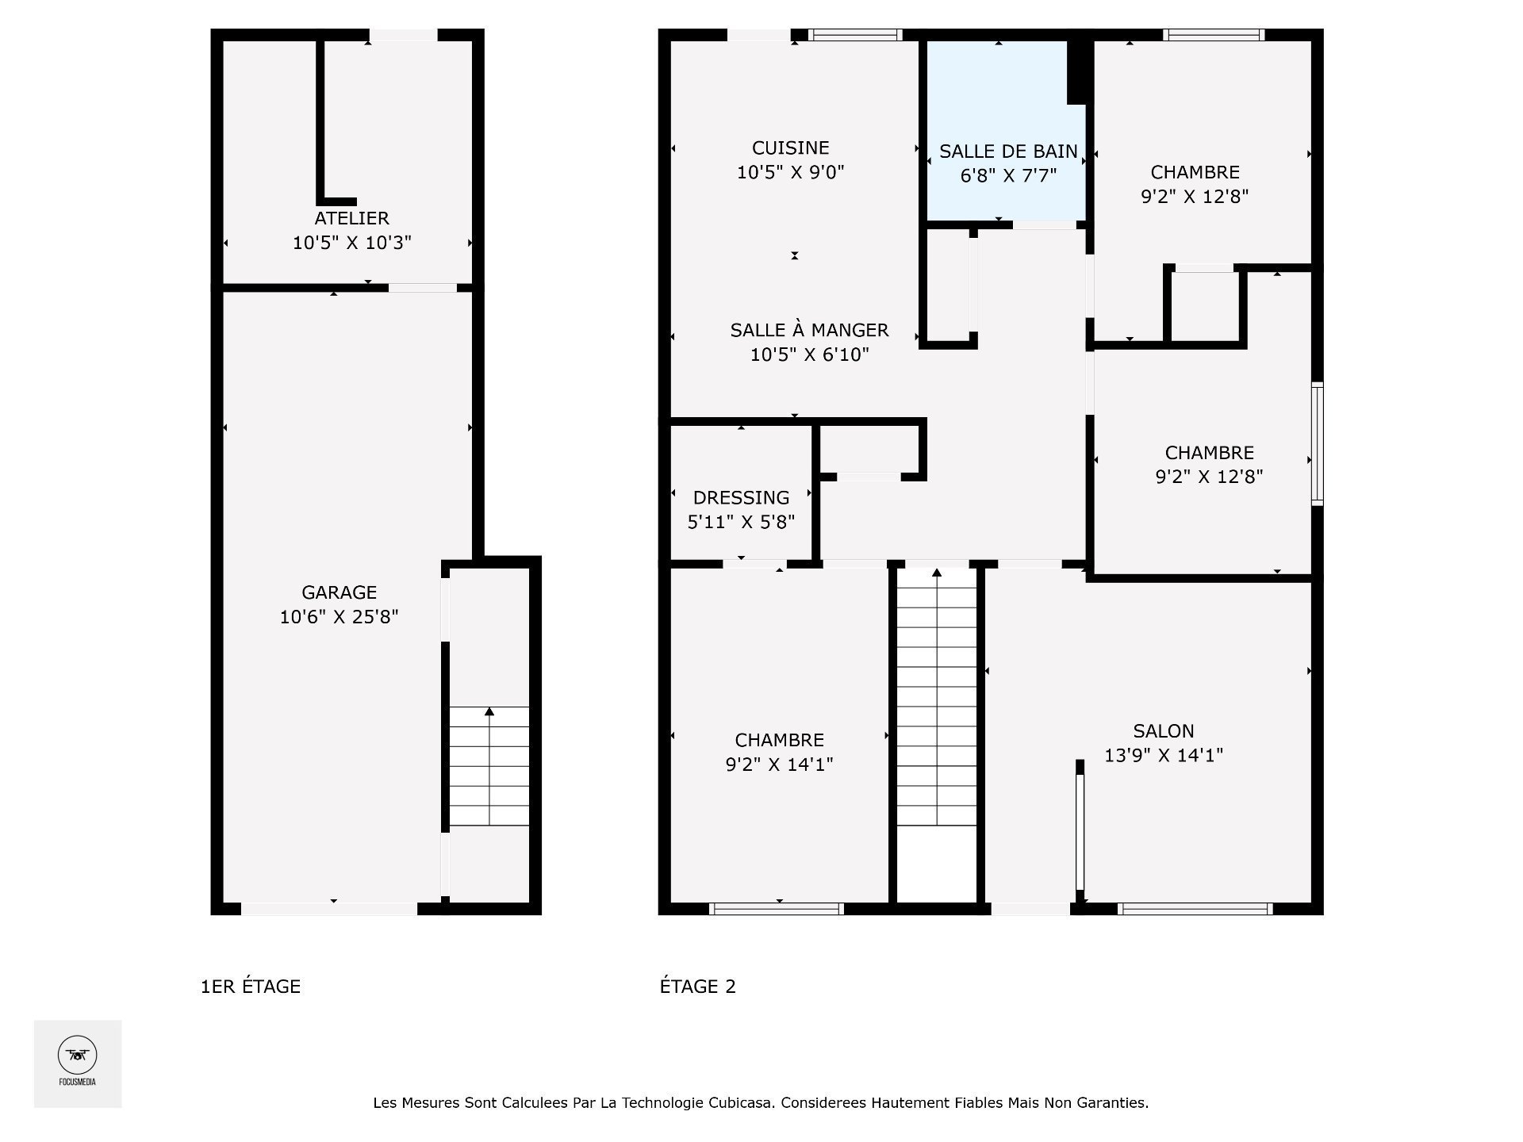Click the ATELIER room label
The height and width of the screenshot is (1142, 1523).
tap(351, 218)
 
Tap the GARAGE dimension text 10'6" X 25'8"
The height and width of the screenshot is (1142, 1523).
tap(339, 617)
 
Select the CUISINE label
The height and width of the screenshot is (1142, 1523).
tap(791, 148)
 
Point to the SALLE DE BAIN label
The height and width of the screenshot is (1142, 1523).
tap(1008, 151)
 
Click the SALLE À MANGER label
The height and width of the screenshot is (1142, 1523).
tap(809, 330)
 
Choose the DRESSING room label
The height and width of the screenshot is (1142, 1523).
tap(741, 497)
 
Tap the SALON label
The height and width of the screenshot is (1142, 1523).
tap(1164, 731)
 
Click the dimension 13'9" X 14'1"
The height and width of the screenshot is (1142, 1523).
tap(1164, 755)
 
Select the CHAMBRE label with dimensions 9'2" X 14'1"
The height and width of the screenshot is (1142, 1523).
tap(779, 740)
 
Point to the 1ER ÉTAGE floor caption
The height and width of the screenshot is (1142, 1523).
tap(251, 987)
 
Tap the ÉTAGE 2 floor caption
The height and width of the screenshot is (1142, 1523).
tap(698, 987)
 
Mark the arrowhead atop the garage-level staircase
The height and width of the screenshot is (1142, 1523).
tap(489, 711)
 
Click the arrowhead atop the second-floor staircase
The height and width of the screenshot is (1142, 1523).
tap(937, 573)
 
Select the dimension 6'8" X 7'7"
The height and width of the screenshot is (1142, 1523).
tap(1008, 175)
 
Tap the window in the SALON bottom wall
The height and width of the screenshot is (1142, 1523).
tap(1195, 909)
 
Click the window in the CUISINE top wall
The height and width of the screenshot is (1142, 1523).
tap(855, 35)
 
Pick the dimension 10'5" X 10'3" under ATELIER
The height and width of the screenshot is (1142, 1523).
tap(352, 243)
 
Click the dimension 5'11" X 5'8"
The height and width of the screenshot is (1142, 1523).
tap(741, 522)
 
